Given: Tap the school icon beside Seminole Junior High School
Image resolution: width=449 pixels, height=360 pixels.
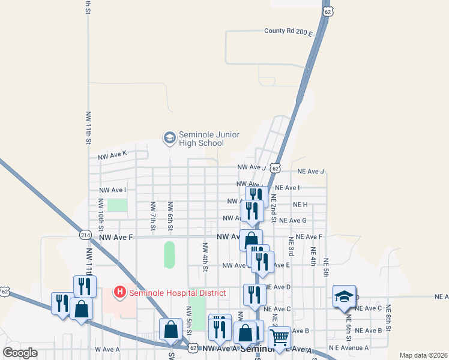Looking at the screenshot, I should coord(169,138).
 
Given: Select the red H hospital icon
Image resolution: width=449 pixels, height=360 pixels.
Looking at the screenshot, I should coord(120,292).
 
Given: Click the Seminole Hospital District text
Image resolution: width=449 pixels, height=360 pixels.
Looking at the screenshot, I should coord(176,292).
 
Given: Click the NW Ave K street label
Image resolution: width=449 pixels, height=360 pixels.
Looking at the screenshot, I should coord(113,155).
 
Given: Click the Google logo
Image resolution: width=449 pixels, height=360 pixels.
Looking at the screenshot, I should coord(20,353).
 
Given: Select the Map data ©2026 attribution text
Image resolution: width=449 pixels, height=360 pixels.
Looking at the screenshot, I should coord(423,355).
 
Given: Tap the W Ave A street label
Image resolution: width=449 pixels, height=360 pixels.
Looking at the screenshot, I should coord(107,349).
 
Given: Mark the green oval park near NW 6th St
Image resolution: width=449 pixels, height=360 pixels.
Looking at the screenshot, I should coord(169,255).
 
